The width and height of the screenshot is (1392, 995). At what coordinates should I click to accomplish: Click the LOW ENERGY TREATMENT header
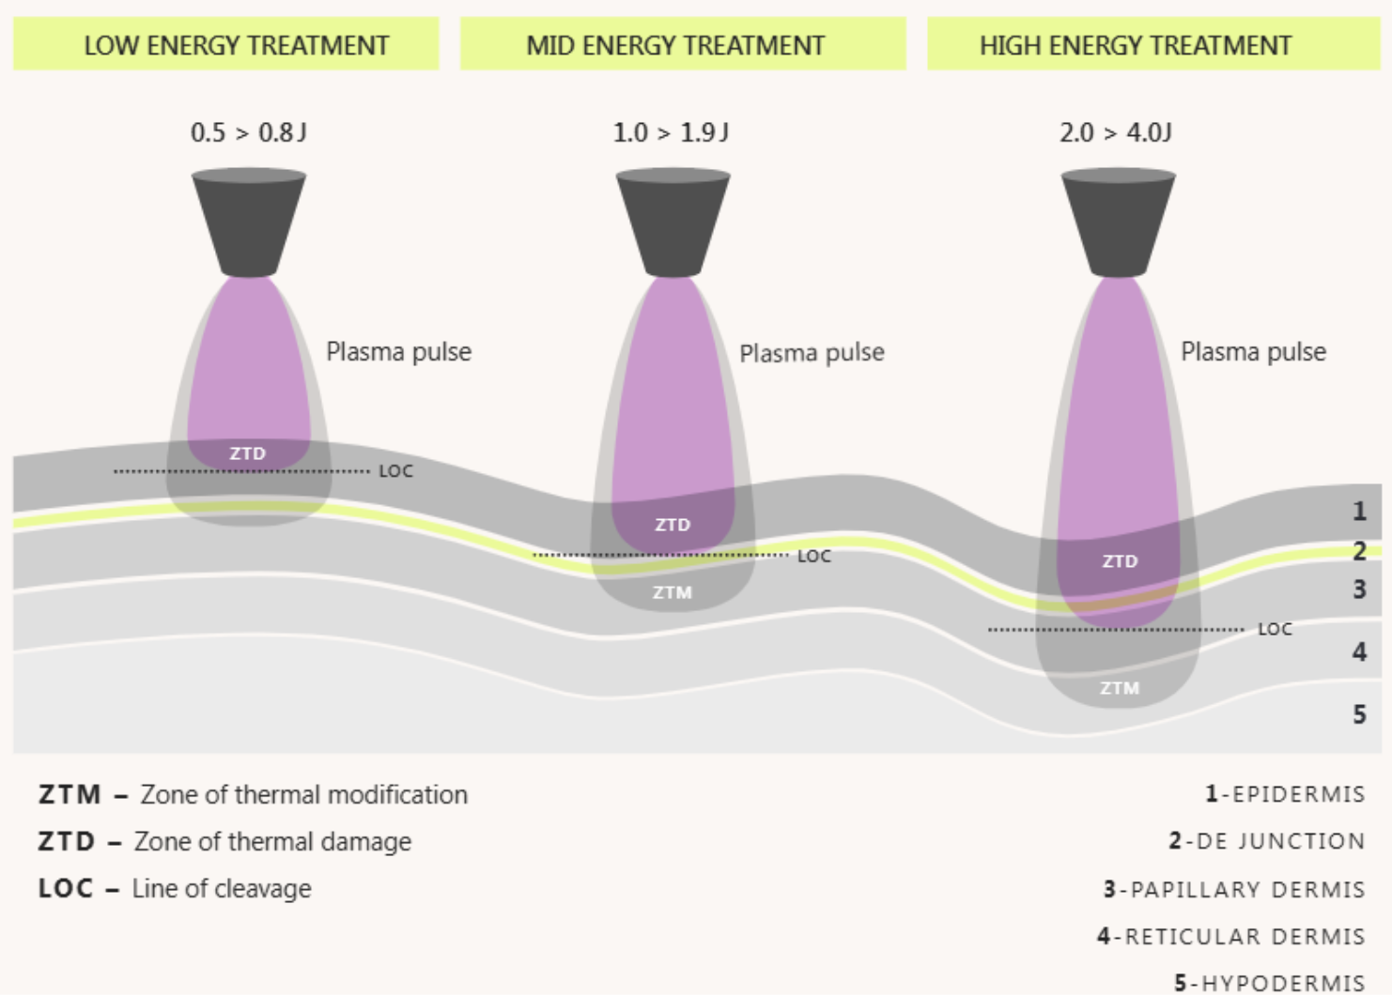tap(236, 45)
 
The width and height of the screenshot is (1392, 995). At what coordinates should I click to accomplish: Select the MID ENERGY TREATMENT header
tap(675, 45)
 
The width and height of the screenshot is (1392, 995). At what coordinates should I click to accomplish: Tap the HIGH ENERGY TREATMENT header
tap(1135, 45)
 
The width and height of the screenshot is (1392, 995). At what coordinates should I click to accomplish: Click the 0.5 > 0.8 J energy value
tap(248, 132)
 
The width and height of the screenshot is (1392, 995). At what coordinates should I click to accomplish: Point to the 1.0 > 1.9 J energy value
tap(671, 132)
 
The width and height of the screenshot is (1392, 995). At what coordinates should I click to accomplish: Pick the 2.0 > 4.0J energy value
tap(1115, 132)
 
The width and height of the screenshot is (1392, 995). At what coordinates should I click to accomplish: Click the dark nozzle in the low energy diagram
tap(249, 222)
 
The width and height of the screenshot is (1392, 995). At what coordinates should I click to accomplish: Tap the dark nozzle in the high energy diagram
tap(1118, 222)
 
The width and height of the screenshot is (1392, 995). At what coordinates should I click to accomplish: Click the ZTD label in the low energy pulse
tap(248, 453)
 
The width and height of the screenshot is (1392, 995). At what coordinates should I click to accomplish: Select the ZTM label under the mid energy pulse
tap(673, 592)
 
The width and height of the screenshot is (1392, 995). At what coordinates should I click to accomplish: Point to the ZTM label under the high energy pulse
tap(1120, 688)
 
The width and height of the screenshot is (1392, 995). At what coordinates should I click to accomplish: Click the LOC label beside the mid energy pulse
tap(814, 557)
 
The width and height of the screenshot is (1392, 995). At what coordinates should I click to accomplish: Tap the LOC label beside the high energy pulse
tap(1275, 629)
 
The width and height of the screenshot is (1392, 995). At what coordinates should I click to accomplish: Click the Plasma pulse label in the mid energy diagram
tap(812, 353)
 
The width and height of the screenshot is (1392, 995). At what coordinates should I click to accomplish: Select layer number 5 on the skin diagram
tap(1359, 714)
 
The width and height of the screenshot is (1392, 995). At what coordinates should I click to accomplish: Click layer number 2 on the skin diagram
tap(1359, 551)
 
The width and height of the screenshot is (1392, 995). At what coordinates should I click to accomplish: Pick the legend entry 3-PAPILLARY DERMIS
tap(1234, 889)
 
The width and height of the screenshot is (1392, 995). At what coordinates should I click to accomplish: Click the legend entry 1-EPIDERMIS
tap(1285, 794)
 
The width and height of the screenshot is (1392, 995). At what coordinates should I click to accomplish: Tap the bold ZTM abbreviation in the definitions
tap(70, 794)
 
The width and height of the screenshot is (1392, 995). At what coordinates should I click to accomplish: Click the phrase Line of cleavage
tap(222, 888)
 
